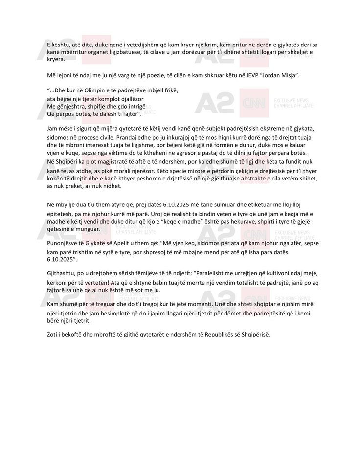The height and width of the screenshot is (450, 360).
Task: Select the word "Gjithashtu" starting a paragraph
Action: [x=56, y=270]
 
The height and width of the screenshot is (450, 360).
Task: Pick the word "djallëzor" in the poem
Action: [x=136, y=98]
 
